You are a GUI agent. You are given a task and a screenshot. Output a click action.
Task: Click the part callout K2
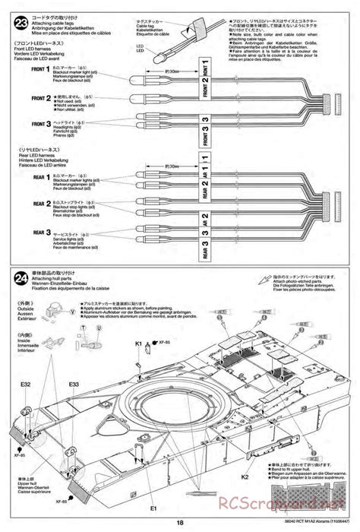click(245, 476)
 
